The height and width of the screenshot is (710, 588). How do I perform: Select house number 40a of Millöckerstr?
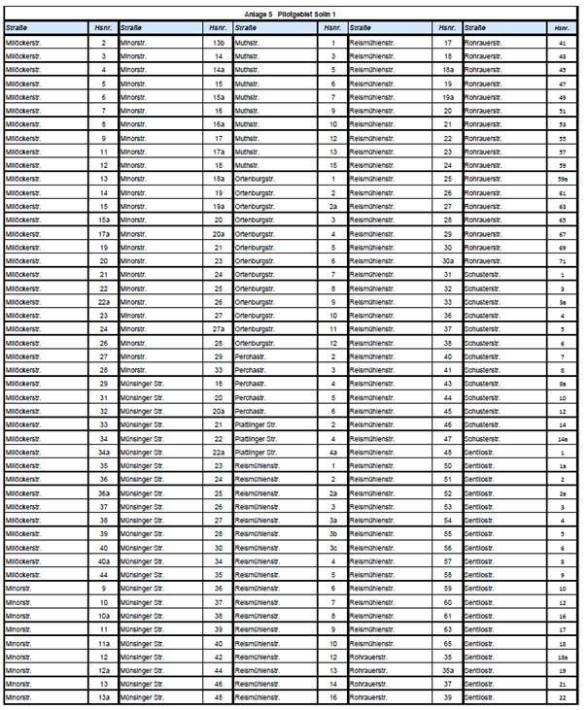point(103,561)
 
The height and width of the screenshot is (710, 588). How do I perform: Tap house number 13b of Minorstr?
point(219,44)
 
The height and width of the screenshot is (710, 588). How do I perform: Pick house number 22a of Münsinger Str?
point(219,452)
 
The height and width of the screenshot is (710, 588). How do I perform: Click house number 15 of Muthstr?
point(333,166)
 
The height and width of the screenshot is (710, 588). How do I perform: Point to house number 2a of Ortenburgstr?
point(333,207)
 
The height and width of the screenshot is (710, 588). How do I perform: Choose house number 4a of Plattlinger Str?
point(333,452)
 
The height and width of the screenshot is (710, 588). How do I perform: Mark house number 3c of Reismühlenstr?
point(333,547)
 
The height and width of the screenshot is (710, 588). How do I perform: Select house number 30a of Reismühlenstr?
point(448,261)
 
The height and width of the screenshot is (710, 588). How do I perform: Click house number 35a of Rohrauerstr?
point(448,670)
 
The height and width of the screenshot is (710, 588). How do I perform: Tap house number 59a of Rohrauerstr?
point(564,180)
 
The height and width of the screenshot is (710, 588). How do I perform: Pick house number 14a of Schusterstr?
point(564,439)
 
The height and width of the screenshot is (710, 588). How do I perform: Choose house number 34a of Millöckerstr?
point(103,452)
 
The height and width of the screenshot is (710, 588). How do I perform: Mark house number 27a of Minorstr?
point(219,329)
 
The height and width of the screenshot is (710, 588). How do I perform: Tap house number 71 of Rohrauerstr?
point(564,261)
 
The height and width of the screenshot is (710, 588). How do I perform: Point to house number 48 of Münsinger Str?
point(219,697)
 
